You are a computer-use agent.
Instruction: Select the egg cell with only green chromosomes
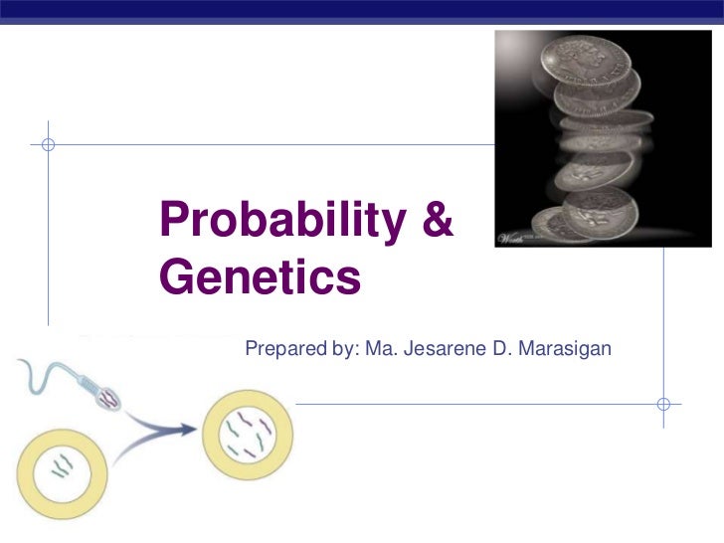tap(62, 466)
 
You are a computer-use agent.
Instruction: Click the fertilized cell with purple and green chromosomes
tap(248, 434)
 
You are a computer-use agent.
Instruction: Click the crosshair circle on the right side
tap(664, 404)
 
